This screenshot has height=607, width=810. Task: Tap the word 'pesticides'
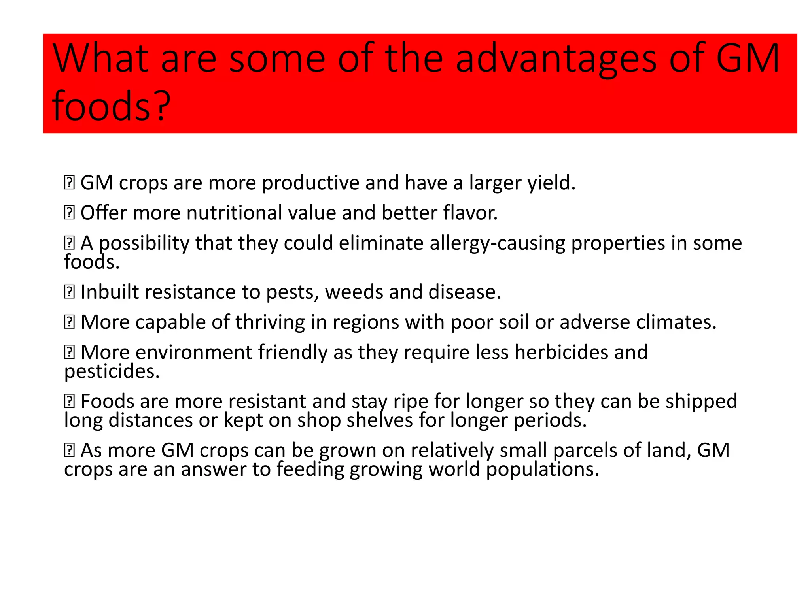(x=112, y=371)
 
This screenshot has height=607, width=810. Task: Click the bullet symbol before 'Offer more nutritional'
(x=69, y=213)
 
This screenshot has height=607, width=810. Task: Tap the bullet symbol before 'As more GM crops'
(x=69, y=451)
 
